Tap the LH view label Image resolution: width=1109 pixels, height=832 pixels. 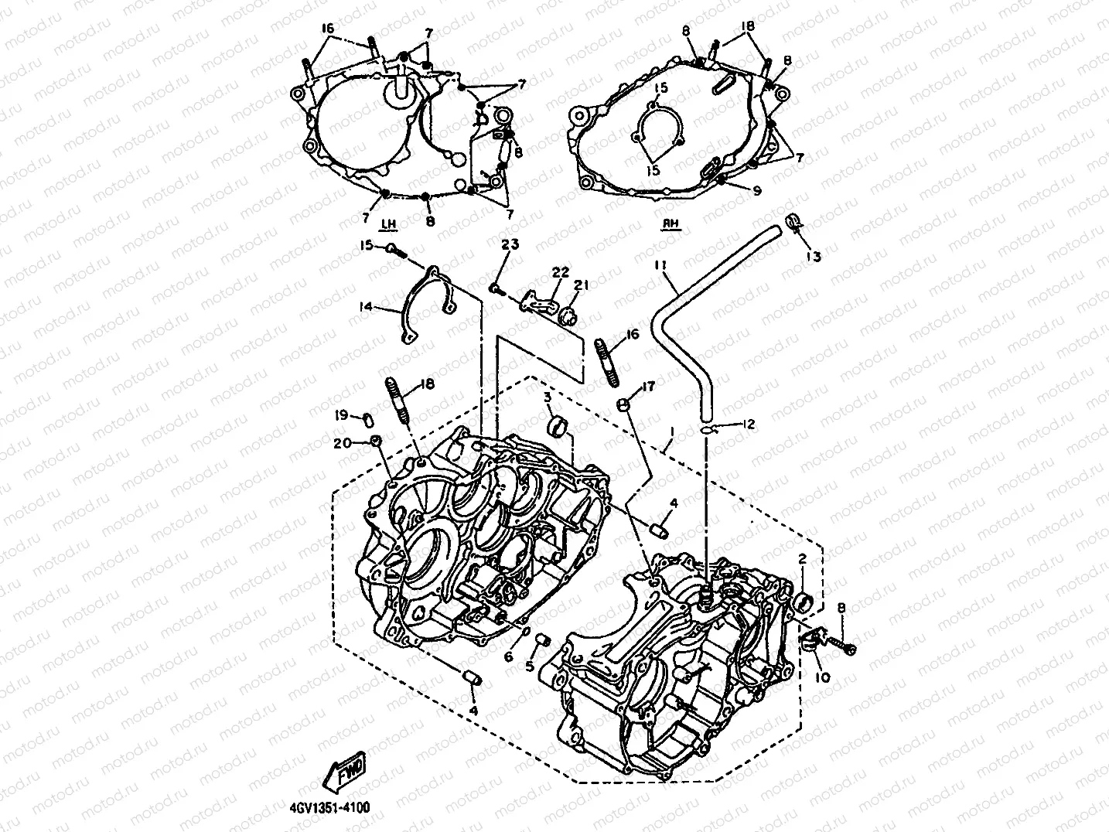pos(388,225)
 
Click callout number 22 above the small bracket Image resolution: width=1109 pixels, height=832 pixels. pos(560,272)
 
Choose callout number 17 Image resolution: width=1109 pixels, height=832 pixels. pos(647,387)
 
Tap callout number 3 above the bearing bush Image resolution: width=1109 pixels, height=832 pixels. pos(547,397)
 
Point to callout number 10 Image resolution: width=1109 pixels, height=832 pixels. pos(822,677)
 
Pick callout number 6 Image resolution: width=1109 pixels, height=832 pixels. pos(508,656)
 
